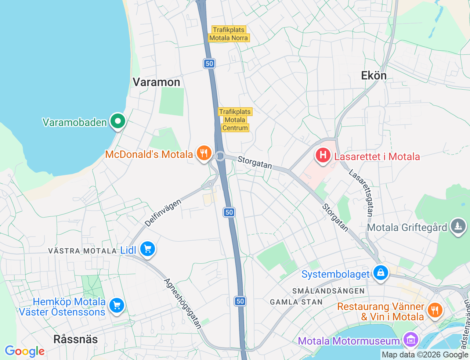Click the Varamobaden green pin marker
coord(117,121)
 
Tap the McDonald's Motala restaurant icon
coord(204,153)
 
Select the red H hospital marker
coord(323,155)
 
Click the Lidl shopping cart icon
coord(148,249)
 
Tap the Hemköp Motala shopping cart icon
coord(117,305)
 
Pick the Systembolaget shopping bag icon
coord(381,273)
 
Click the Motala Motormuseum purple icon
coord(411,339)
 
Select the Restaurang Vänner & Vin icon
coord(434,310)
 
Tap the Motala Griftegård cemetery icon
coord(458,226)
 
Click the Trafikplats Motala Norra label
coord(229,34)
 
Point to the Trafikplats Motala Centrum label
coord(235,120)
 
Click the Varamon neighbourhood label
coord(156,82)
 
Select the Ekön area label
coord(374,75)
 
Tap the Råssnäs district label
coord(76,339)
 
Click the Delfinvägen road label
coord(163,213)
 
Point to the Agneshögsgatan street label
coord(183,303)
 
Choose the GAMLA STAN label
coord(296,302)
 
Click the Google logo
coord(24,352)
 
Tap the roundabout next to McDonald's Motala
coord(220,156)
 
